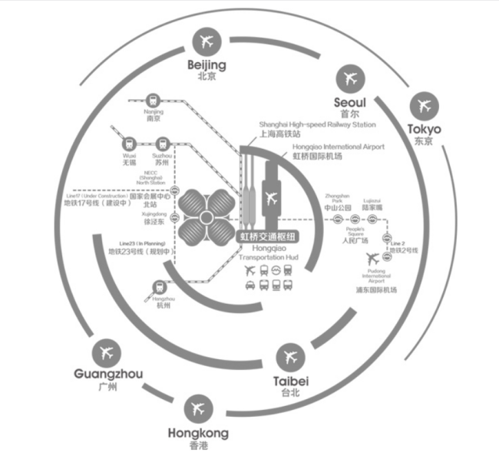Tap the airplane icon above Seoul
[x=350, y=78]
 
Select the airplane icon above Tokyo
[x=423, y=104]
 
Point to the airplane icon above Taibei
[x=290, y=357]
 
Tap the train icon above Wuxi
[x=127, y=144]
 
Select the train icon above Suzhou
[x=163, y=144]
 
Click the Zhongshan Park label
[x=337, y=201]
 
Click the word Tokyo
[x=424, y=129]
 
